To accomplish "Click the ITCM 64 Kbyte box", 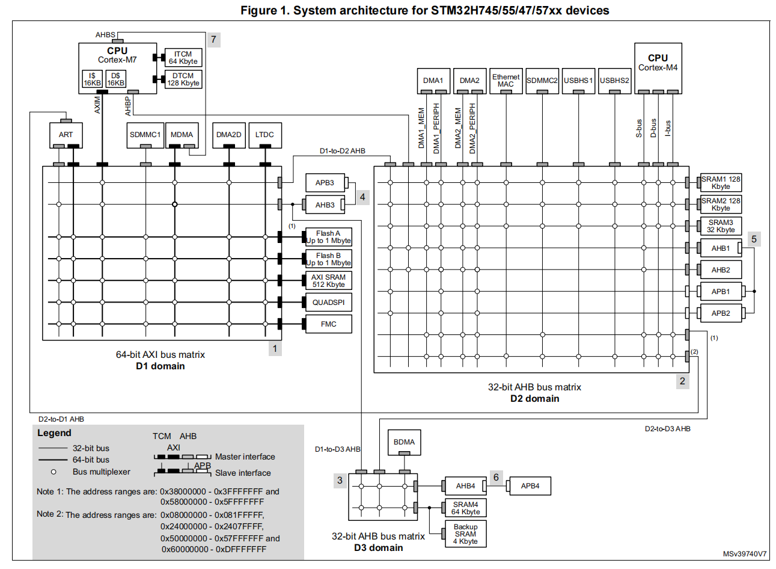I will click(183, 58).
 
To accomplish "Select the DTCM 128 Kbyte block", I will click(183, 79).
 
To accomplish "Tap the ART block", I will click(66, 135).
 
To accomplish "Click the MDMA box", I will click(182, 135).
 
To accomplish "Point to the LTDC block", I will click(264, 135).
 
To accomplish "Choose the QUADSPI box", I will click(328, 303).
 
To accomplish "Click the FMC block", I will click(328, 324).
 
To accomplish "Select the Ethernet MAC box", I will click(506, 81).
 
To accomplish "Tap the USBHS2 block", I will click(614, 81).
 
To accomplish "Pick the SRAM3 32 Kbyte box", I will click(721, 226).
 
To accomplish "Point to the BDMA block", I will click(404, 442).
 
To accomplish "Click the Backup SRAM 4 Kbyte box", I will click(465, 534).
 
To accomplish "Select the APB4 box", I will click(530, 486).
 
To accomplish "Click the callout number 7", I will click(213, 40).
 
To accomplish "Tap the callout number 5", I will click(754, 239).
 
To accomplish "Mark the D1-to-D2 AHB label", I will click(342, 151).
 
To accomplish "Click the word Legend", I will click(54, 433).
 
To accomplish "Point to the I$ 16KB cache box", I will click(92, 79).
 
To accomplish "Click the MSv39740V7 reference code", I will click(745, 554).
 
